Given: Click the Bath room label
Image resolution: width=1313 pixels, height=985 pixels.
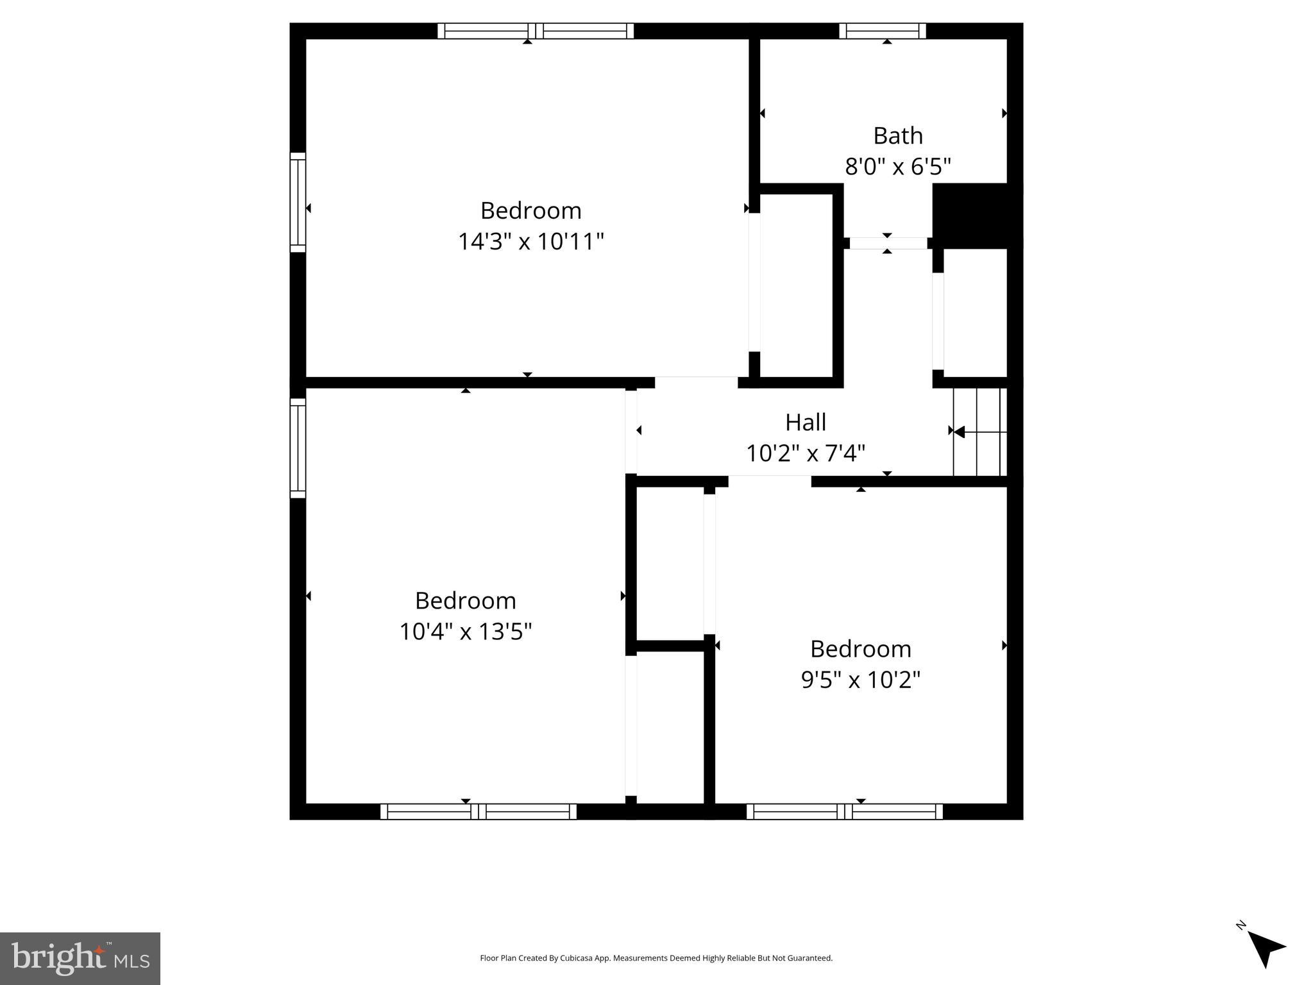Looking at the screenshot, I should click(897, 136).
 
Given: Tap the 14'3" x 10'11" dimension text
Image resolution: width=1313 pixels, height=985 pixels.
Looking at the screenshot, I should click(530, 242).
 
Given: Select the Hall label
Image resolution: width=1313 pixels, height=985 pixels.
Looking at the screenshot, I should click(805, 422).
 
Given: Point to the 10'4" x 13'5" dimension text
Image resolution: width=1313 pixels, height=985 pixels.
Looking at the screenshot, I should click(466, 632).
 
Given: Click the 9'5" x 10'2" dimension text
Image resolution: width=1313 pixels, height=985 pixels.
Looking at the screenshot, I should click(860, 680).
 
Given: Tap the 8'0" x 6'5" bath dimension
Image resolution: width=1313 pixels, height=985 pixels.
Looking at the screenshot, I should click(897, 167).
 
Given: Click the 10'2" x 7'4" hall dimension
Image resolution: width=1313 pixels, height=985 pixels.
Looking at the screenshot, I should click(805, 453).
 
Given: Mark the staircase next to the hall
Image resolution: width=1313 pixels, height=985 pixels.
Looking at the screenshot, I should click(979, 432).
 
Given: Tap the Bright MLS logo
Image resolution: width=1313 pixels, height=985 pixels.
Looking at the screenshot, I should click(80, 958).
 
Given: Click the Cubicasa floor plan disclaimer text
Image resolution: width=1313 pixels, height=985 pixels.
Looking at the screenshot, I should click(656, 958).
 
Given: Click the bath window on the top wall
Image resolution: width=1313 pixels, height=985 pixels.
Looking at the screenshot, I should click(882, 31).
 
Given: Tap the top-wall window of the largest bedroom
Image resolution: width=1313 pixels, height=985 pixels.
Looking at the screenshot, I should click(536, 31).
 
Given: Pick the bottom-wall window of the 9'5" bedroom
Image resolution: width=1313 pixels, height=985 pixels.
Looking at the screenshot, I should click(844, 811).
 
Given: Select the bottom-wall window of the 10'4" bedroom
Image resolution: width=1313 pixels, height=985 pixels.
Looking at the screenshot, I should click(479, 811).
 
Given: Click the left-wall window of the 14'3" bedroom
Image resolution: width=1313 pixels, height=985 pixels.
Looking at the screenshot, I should click(298, 203).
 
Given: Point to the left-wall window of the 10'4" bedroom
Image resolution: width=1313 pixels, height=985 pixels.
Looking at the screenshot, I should click(298, 448).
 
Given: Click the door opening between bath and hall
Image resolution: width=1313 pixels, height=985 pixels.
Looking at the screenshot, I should click(888, 243).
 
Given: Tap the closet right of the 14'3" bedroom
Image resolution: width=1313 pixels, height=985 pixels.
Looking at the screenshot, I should click(796, 285).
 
